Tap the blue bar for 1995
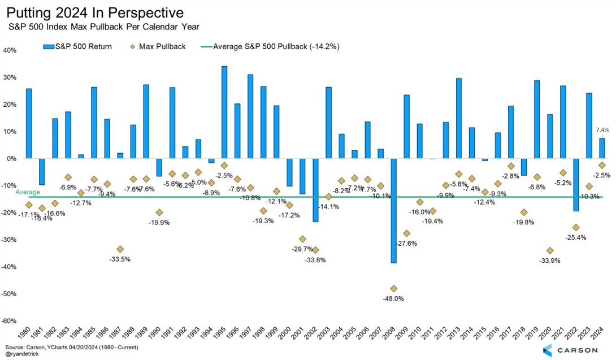(224, 112)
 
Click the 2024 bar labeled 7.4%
(602, 148)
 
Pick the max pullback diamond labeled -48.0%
(394, 289)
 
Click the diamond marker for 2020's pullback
(550, 250)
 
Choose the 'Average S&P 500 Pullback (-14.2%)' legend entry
(274, 46)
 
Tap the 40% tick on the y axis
(10, 50)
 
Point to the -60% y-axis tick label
(8, 320)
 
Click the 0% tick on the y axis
(11, 158)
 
